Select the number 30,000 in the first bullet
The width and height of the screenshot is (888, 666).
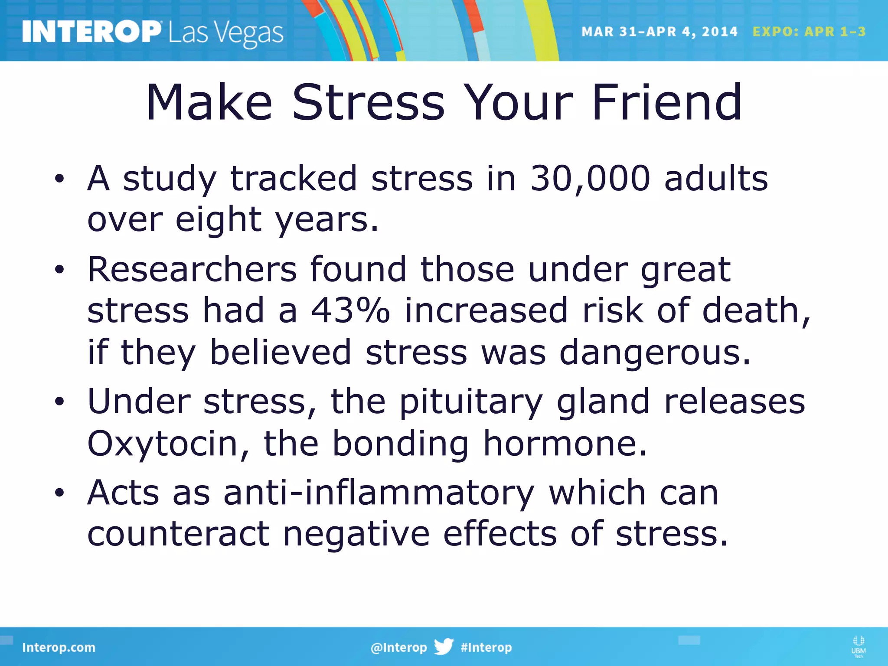pos(590,179)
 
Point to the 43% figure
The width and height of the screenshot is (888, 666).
pos(350,310)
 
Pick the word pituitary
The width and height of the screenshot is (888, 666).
pos(471,402)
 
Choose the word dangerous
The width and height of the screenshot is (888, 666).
pos(655,353)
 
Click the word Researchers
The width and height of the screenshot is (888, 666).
pos(192,269)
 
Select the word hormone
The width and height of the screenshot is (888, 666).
pos(565,444)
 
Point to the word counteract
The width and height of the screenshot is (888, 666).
pos(179,534)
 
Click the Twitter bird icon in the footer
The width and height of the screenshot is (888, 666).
pos(444,646)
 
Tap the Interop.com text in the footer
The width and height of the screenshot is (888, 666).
pos(59,647)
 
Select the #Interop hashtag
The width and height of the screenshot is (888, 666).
pos(486,647)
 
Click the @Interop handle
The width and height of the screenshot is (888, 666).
pos(398,647)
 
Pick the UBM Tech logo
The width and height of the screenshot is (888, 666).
pos(858,646)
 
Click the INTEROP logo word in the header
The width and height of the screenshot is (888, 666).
pos(91,32)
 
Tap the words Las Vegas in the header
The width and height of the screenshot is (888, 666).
pos(225,34)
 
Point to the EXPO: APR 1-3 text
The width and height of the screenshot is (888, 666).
pos(809,32)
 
